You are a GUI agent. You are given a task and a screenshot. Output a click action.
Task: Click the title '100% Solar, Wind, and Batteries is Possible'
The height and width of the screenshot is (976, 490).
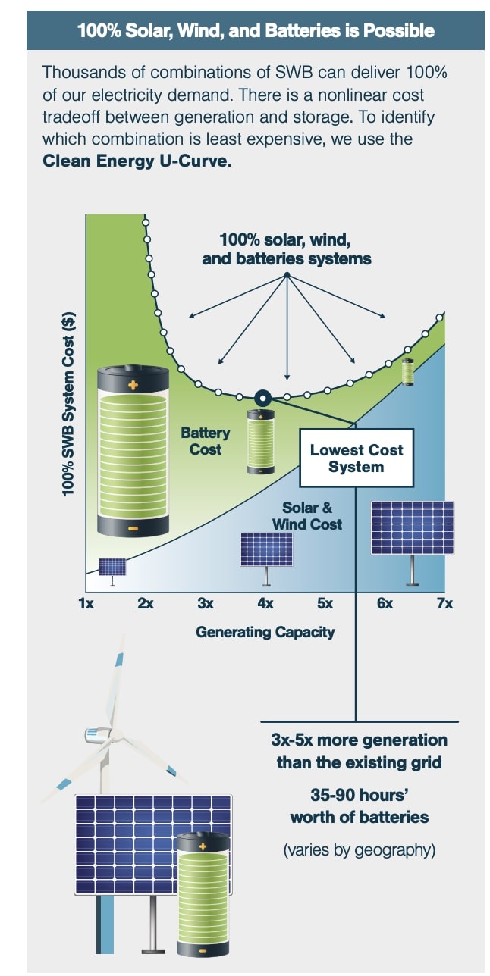256,31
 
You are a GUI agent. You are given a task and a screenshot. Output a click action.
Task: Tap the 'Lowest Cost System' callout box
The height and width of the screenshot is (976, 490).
357,458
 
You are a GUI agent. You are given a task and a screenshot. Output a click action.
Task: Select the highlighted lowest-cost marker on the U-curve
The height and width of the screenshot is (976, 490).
262,396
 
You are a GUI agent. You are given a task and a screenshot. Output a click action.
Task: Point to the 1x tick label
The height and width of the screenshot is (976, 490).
86,604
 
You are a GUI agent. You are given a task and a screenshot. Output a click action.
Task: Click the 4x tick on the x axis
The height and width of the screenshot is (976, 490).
265,604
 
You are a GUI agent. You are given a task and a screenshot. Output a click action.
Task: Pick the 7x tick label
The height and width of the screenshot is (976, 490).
444,604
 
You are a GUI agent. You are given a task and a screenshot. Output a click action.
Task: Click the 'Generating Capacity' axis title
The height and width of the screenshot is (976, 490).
265,631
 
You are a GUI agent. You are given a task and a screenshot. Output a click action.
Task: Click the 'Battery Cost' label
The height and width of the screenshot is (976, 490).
205,440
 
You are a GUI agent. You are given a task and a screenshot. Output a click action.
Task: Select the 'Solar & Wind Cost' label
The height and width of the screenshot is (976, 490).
307,516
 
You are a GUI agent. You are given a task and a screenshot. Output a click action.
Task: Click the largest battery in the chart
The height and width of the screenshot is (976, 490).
133,451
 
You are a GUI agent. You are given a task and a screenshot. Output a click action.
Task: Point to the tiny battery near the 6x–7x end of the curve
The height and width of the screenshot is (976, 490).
408,372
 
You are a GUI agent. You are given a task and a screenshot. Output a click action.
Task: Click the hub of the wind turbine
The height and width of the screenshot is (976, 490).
97,734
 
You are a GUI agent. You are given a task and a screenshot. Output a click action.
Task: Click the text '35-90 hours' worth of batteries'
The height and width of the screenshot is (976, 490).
359,806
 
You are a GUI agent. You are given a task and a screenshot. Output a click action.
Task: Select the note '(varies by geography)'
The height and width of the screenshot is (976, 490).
359,849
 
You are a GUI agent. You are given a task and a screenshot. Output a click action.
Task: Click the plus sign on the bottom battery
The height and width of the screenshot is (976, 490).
202,845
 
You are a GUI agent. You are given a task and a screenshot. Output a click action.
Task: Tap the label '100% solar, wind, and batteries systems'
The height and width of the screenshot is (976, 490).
286,249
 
